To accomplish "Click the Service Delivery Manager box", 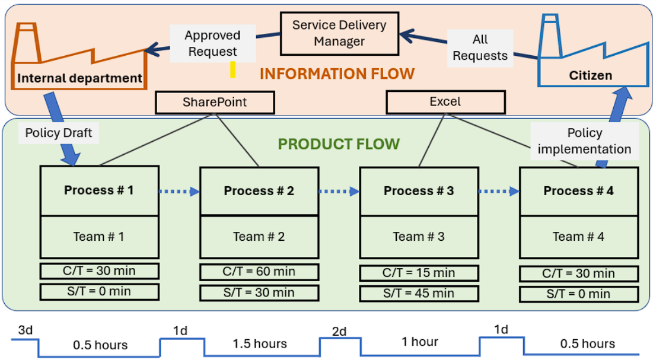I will coord(340,34).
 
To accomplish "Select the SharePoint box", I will coord(215,102).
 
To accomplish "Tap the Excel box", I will coord(445,101).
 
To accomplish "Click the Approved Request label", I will coord(212,43).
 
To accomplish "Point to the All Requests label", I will coord(480,47).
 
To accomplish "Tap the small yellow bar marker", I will coord(233,69).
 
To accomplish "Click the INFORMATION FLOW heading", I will coord(337,74).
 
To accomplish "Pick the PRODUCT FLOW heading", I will coord(339,144).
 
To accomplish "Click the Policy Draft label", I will coord(59,133).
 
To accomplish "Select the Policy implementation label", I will coord(584,141).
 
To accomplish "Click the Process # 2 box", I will coord(259,191).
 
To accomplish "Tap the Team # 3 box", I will coord(419,237).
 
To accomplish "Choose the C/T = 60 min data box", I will coord(259,272).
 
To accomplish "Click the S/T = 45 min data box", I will coord(419,294).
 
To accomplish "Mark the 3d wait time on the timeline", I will coord(25,330).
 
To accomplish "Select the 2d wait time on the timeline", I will coord(339,331).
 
